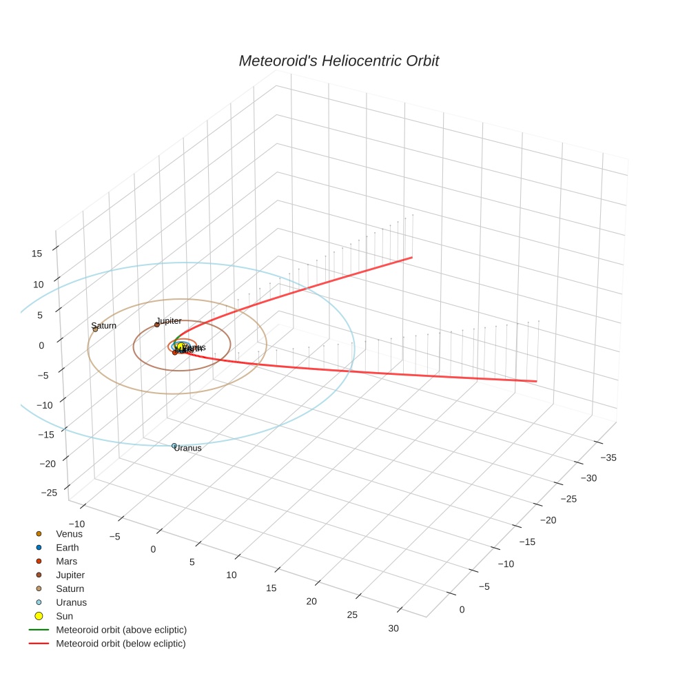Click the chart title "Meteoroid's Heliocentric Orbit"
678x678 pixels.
point(338,61)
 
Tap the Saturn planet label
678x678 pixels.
point(103,325)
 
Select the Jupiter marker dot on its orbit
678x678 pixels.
point(157,325)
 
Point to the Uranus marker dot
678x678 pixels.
point(174,446)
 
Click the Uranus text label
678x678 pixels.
point(188,449)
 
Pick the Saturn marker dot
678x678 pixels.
point(95,329)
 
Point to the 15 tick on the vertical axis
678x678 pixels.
point(37,254)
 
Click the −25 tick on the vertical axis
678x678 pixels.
point(49,493)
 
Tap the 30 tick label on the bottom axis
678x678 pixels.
point(393,628)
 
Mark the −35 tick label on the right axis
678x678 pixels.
point(608,458)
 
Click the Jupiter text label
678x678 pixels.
point(169,321)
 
